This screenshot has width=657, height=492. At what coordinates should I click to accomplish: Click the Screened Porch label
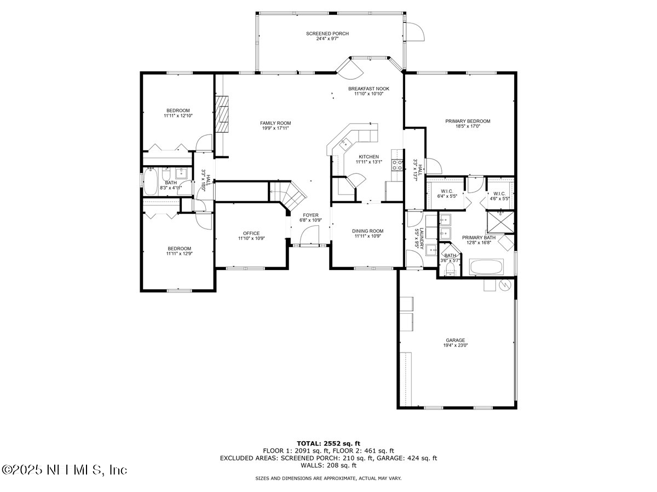[327, 34]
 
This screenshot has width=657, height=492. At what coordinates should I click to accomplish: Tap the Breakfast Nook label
[368, 89]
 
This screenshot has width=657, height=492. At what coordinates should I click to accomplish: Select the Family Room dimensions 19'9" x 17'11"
[275, 128]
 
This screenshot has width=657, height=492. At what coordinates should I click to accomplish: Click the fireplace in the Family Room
[222, 114]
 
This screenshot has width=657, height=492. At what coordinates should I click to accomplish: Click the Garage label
[456, 340]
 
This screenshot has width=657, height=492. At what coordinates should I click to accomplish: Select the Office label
[251, 233]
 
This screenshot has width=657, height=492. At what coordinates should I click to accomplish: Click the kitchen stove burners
[397, 165]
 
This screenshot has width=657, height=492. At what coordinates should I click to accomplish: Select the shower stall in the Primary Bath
[501, 224]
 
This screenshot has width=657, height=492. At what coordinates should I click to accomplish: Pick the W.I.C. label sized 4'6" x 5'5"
[499, 194]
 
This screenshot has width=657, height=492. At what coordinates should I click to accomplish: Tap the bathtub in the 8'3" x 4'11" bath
[150, 182]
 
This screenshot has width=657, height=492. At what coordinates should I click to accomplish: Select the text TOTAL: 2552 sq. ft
[328, 443]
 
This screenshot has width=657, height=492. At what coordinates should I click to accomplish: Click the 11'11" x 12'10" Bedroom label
[178, 110]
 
